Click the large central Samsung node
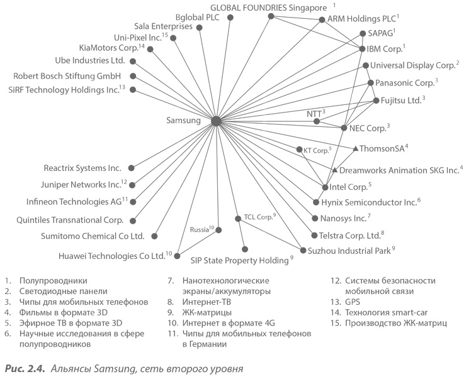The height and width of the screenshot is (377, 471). pyautogui.click(x=215, y=121)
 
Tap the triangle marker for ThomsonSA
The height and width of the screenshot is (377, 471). pyautogui.click(x=356, y=149)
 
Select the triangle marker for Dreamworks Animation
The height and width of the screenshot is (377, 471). pyautogui.click(x=334, y=170)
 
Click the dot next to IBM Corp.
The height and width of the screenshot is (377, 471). pyautogui.click(x=362, y=48)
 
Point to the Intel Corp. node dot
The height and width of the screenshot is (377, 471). pyautogui.click(x=325, y=187)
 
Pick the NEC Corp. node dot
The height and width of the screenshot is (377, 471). pyautogui.click(x=344, y=128)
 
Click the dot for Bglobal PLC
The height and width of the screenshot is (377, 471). pyautogui.click(x=230, y=18)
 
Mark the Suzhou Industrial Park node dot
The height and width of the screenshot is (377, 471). pyautogui.click(x=303, y=250)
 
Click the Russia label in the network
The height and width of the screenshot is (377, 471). pyautogui.click(x=201, y=229)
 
